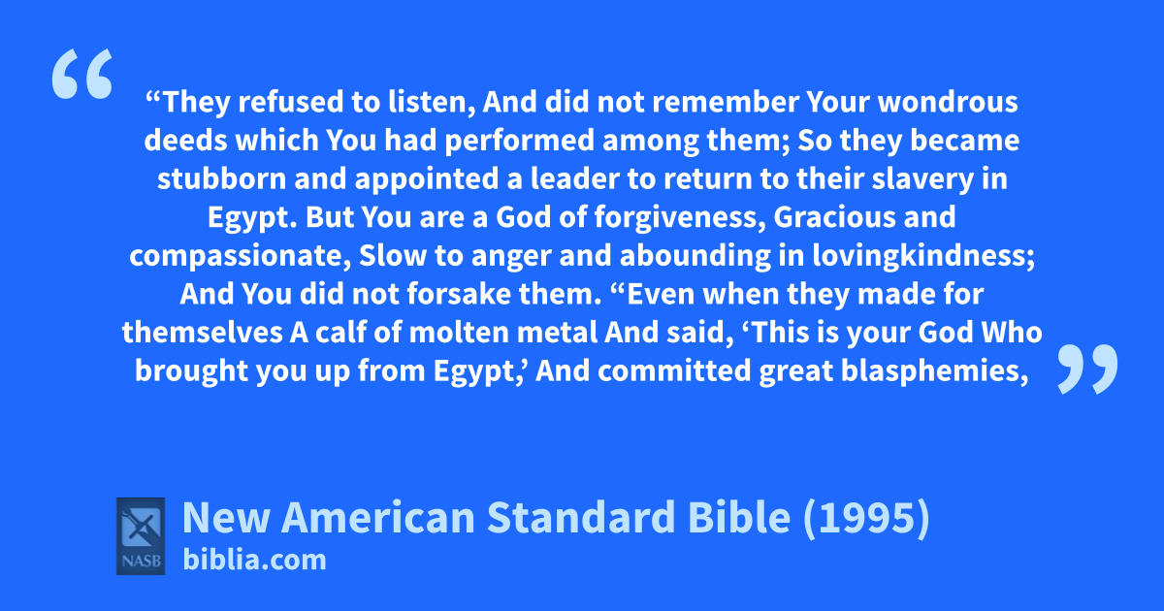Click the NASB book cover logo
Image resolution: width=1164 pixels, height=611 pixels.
coord(141,536)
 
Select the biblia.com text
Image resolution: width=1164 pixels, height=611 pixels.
coord(254,561)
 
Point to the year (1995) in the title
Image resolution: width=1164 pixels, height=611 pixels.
coord(866,518)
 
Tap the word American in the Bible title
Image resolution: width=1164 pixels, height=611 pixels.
coord(377,518)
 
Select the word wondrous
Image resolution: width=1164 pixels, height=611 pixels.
coord(948,103)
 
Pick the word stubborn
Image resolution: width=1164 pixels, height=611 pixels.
coord(222,178)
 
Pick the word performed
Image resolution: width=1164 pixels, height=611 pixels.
coord(520,142)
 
